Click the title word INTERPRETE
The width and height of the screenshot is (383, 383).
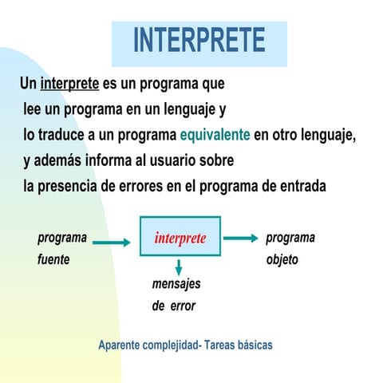[199, 40]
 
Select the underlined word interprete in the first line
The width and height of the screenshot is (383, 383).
[69, 84]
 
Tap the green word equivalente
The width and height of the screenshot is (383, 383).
[215, 134]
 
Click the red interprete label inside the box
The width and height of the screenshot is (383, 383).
[180, 238]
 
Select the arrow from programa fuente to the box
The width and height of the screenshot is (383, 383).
[116, 243]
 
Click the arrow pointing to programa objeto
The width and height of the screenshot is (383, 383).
[240, 238]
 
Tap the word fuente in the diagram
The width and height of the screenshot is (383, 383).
[53, 260]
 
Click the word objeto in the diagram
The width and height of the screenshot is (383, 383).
[282, 260]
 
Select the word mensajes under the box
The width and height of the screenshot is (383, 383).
[176, 284]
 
